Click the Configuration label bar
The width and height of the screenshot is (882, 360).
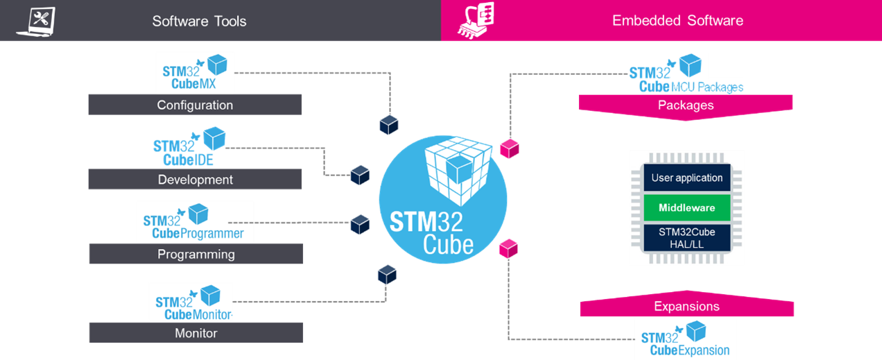(195, 105)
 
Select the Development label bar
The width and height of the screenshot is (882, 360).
(195, 180)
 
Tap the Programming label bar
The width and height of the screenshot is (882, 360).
(196, 254)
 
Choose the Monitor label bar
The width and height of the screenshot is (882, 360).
(196, 333)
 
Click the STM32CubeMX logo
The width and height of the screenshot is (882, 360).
(196, 72)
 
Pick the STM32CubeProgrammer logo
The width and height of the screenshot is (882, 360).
(195, 222)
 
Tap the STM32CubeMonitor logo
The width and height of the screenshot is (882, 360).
(191, 302)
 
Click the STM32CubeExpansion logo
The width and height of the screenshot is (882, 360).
(685, 339)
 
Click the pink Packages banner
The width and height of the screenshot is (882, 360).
(685, 105)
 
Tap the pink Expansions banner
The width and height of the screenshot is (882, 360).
(686, 307)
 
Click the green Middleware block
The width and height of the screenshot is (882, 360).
(686, 207)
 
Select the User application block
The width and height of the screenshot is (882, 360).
(686, 178)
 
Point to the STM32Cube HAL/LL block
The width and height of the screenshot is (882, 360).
(686, 237)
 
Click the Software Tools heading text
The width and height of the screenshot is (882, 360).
(199, 21)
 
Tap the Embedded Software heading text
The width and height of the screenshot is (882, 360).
(677, 21)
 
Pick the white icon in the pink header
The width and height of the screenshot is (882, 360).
(476, 20)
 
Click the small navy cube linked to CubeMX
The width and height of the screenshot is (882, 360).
(389, 124)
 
